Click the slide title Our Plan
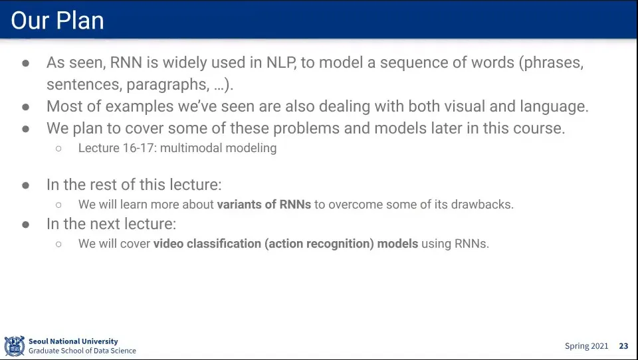pos(57,21)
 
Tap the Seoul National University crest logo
pos(15,346)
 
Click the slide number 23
pos(623,346)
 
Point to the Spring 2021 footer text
pos(586,346)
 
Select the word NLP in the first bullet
pos(281,62)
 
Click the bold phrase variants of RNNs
pos(264,204)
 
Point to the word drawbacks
pos(482,204)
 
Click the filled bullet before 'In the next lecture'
pos(26,224)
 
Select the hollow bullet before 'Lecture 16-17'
pos(58,149)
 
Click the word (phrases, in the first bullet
pos(551,63)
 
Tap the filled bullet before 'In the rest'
pos(26,185)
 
